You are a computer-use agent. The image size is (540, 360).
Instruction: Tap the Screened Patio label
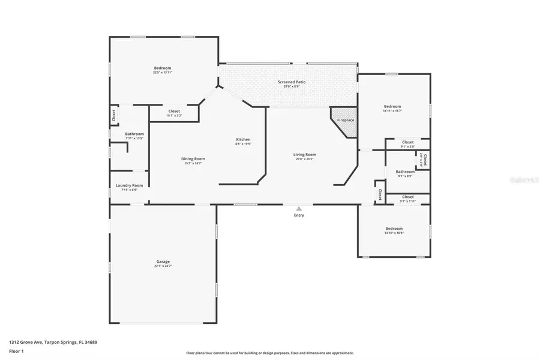tap(292, 83)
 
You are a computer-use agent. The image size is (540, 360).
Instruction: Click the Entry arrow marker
tap(299, 209)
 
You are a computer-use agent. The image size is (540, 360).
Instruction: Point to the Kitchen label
tap(243, 142)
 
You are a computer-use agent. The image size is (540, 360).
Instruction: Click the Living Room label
tap(305, 157)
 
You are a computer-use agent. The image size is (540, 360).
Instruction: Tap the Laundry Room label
tap(129, 187)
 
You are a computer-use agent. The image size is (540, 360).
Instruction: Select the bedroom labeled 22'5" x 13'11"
tap(163, 70)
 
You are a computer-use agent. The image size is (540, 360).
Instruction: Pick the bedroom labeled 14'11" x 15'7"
tap(392, 109)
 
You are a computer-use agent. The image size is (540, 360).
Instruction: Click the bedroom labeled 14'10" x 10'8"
tap(394, 230)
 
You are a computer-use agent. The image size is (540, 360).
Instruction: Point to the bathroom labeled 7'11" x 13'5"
tap(134, 136)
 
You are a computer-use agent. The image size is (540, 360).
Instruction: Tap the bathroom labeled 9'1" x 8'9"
tap(405, 173)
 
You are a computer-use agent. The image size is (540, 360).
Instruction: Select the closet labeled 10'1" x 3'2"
tap(174, 113)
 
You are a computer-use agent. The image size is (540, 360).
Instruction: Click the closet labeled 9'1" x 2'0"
tap(407, 144)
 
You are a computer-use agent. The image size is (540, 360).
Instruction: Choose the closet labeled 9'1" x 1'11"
tap(407, 199)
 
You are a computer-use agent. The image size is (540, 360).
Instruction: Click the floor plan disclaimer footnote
tap(269, 353)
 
